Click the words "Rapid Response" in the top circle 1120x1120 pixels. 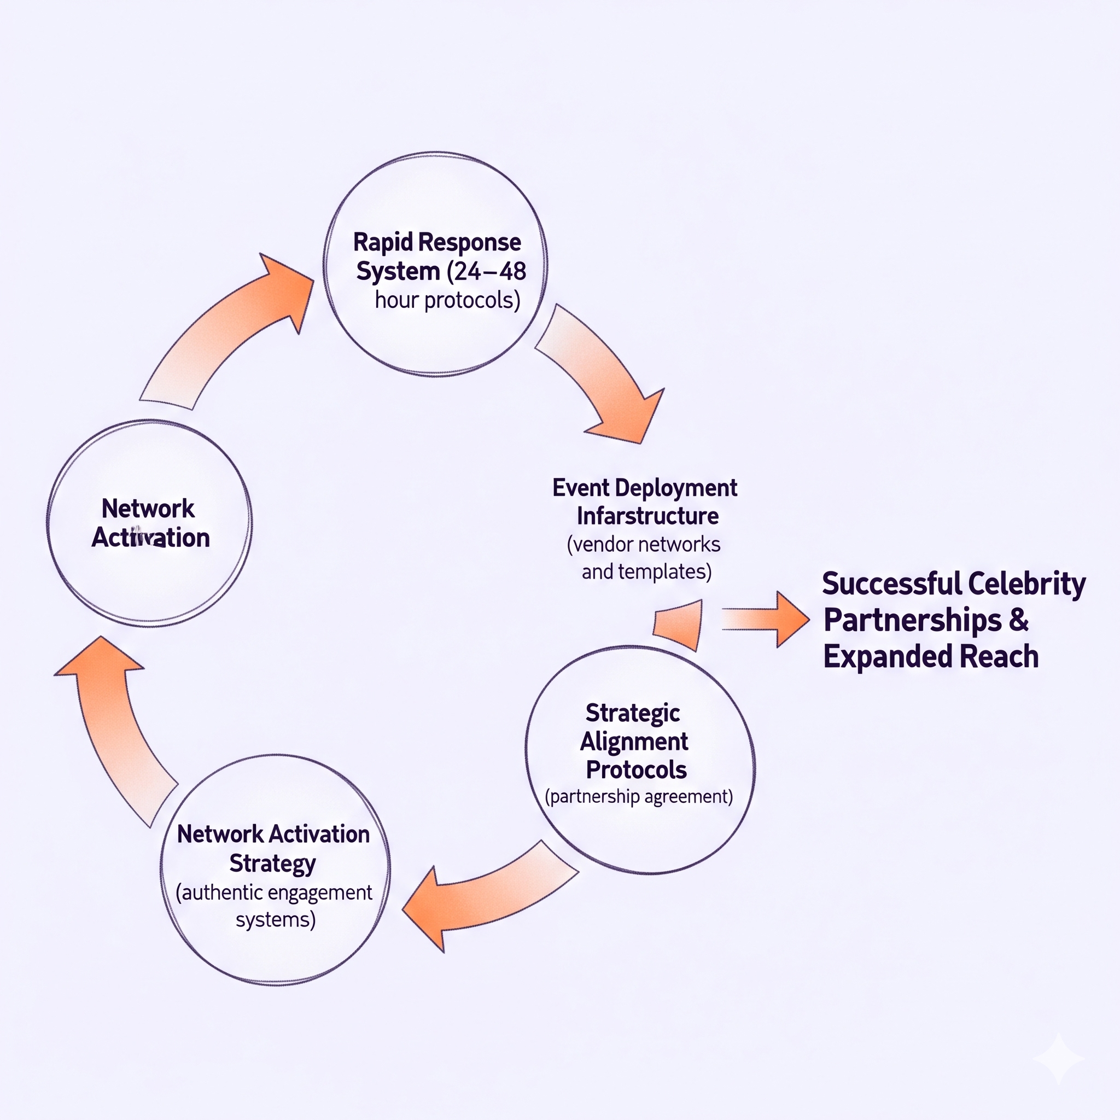[436, 242]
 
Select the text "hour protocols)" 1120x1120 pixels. [447, 300]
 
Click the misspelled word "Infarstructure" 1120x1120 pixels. [647, 516]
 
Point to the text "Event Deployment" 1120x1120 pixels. [644, 487]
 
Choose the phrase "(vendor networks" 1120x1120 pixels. [644, 544]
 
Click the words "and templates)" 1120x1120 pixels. [646, 571]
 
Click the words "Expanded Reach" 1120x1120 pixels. [930, 656]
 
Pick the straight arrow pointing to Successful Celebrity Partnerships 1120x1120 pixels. [765, 619]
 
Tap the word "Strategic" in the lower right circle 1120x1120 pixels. [633, 713]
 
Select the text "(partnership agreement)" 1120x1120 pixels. [638, 796]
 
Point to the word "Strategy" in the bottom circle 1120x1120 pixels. [272, 863]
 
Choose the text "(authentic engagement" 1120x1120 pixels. [273, 892]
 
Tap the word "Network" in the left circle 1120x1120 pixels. [148, 509]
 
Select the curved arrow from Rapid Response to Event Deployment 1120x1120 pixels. [603, 377]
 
